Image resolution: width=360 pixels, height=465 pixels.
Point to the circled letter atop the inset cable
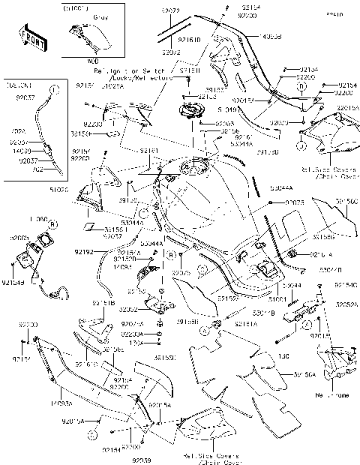[53, 89]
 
